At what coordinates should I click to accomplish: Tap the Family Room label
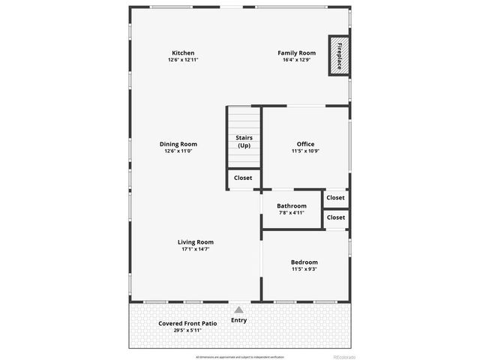click(296, 53)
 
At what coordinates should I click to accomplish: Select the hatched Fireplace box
click(339, 56)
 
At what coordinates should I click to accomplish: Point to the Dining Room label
click(178, 144)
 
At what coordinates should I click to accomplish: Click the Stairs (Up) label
click(244, 142)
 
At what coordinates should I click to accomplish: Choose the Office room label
click(305, 144)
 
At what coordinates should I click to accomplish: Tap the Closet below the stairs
click(243, 178)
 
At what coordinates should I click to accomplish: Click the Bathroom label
click(291, 205)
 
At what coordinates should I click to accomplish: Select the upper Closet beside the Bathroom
click(336, 198)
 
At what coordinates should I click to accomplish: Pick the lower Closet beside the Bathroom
click(336, 217)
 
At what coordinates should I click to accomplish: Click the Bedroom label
click(304, 262)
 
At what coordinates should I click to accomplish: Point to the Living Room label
click(196, 242)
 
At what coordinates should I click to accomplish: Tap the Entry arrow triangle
click(238, 309)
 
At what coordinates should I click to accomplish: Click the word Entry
click(238, 320)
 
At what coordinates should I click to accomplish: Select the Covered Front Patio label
click(187, 323)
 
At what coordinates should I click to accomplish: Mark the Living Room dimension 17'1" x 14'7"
click(196, 249)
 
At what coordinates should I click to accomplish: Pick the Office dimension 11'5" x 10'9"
click(305, 151)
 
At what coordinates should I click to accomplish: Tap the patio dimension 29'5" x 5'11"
click(187, 330)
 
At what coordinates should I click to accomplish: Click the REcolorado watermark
click(345, 356)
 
